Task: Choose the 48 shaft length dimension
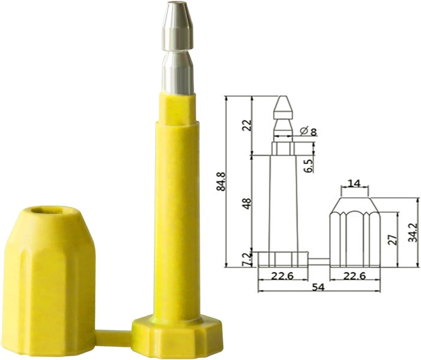[247, 204]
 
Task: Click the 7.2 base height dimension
[247, 259]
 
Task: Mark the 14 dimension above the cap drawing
[354, 184]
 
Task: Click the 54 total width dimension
[318, 287]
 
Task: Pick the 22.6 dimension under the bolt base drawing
[283, 276]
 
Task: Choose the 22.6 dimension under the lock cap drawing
[354, 276]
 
